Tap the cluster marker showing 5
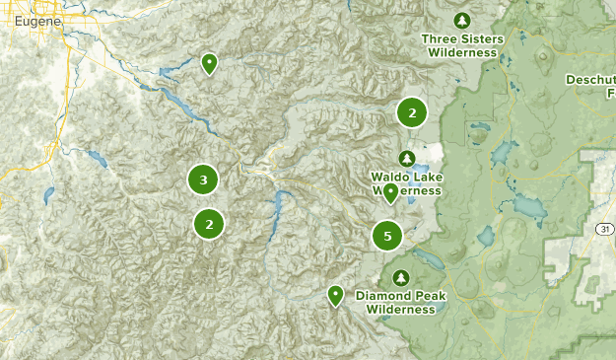coord(387,237)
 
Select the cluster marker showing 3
coord(203,180)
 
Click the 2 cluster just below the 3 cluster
coord(209,224)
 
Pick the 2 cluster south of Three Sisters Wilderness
coord(411,112)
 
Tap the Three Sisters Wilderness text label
coord(462,45)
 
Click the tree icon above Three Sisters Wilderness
coord(462,20)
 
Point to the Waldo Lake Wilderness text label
coord(406,183)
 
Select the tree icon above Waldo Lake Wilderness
coord(406,158)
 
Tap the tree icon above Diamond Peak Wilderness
coord(400,277)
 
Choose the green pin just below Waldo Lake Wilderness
coord(390,192)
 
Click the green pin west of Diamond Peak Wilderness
coord(336,294)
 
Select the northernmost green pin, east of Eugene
coord(209,63)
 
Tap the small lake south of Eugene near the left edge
coord(47,195)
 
